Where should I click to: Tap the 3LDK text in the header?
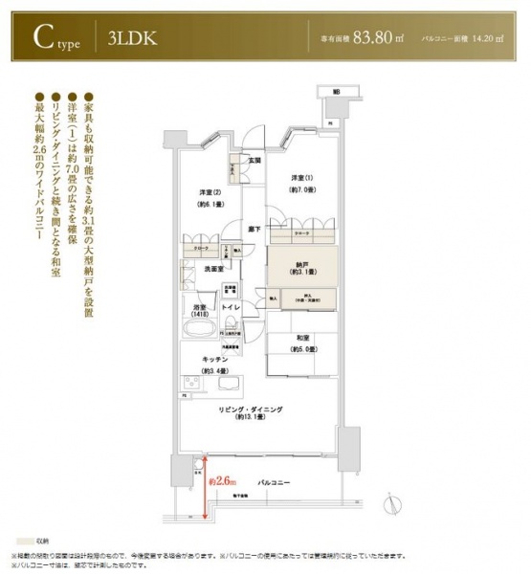(x=127, y=39)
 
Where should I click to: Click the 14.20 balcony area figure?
(x=487, y=39)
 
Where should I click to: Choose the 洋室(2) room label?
(x=210, y=192)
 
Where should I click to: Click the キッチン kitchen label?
(x=213, y=358)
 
